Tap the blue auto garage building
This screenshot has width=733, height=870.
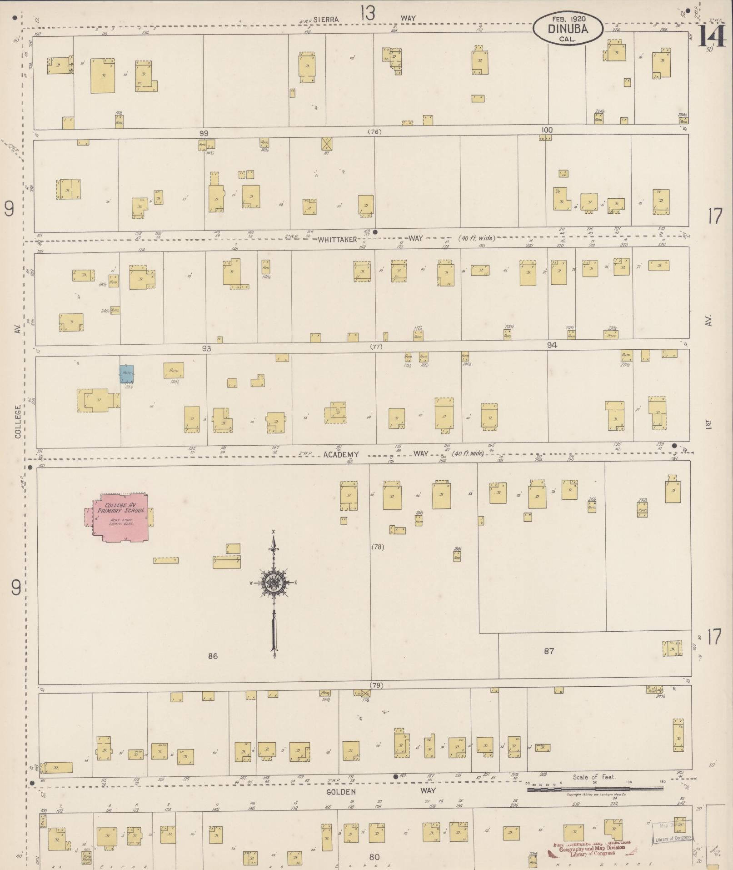pos(126,373)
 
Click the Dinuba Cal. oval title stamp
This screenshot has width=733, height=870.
pos(568,28)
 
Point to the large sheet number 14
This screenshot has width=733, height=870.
pos(711,36)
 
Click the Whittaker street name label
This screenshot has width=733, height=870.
pos(337,239)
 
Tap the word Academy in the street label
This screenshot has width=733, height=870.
pos(342,454)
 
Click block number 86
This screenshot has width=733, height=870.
pos(213,655)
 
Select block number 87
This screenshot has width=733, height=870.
pos(549,651)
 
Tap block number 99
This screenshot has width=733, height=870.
pos(204,133)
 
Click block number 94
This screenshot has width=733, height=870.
pos(552,345)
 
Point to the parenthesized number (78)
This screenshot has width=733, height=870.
pos(378,547)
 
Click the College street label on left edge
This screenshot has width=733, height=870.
pos(18,422)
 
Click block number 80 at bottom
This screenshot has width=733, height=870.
pos(374,857)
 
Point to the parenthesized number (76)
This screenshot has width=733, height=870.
pos(374,132)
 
